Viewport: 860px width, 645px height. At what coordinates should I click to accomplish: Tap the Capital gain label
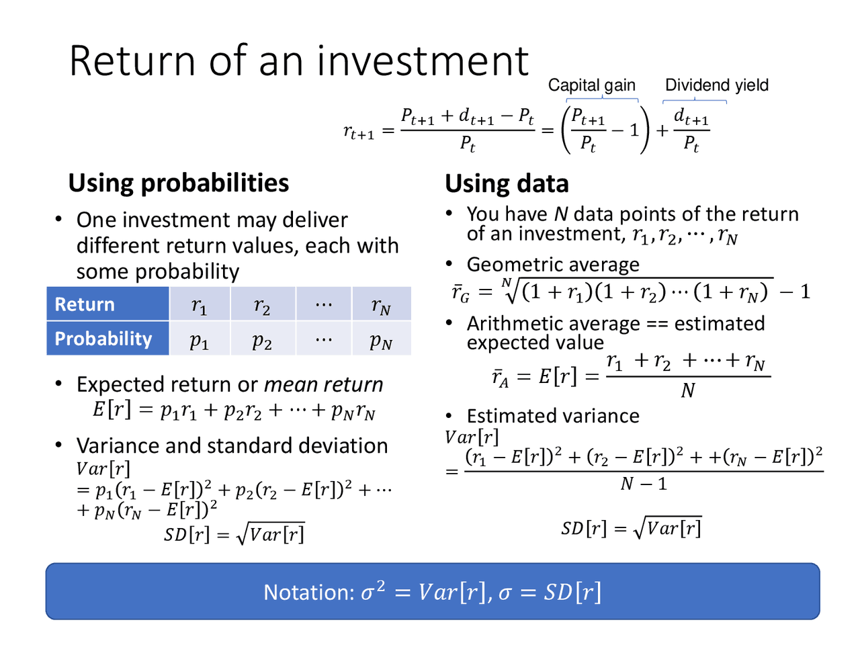point(591,85)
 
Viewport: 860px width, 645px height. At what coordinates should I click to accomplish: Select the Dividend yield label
point(716,85)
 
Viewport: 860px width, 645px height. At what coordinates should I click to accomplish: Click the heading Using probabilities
point(179,183)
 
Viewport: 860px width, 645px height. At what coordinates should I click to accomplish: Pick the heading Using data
point(507,183)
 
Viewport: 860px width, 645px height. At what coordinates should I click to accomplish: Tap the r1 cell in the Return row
point(200,305)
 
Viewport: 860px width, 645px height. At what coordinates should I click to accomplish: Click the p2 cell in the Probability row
point(262,340)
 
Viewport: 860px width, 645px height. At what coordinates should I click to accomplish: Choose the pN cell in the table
point(381,341)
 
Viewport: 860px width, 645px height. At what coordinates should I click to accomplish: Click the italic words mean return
point(323,384)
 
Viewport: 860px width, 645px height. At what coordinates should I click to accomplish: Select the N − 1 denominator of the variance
point(644,484)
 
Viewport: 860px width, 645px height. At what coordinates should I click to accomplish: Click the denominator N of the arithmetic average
point(687,390)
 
